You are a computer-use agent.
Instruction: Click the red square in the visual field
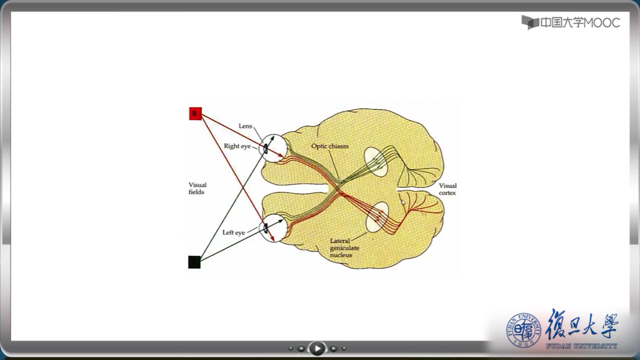(195, 113)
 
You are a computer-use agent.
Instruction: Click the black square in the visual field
(194, 262)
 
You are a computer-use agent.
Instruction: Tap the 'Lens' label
(246, 126)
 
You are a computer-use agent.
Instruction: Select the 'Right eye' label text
(237, 146)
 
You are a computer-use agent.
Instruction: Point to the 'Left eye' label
(234, 233)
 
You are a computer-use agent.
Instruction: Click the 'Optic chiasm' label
(330, 146)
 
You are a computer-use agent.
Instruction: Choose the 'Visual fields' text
(198, 188)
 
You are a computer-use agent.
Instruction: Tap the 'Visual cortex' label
(447, 189)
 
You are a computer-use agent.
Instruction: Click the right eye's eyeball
(274, 148)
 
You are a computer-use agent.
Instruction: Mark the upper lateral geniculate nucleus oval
(375, 161)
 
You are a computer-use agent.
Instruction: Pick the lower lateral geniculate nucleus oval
(377, 217)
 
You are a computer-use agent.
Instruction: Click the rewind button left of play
(301, 349)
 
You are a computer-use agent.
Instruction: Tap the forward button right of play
(333, 349)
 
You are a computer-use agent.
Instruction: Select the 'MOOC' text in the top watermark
(602, 23)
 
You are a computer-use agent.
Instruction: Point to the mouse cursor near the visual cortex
(403, 202)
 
